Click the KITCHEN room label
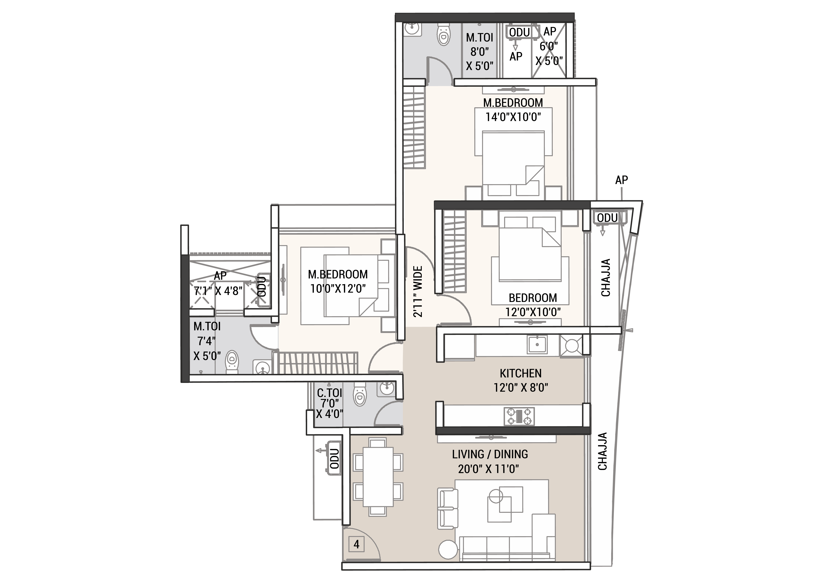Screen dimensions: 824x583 tap(520, 373)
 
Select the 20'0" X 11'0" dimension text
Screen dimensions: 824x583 tap(488, 469)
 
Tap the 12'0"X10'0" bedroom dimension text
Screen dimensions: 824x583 tap(533, 312)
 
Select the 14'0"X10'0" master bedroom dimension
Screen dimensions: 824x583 tap(513, 117)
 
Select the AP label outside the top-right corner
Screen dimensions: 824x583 tap(622, 180)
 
